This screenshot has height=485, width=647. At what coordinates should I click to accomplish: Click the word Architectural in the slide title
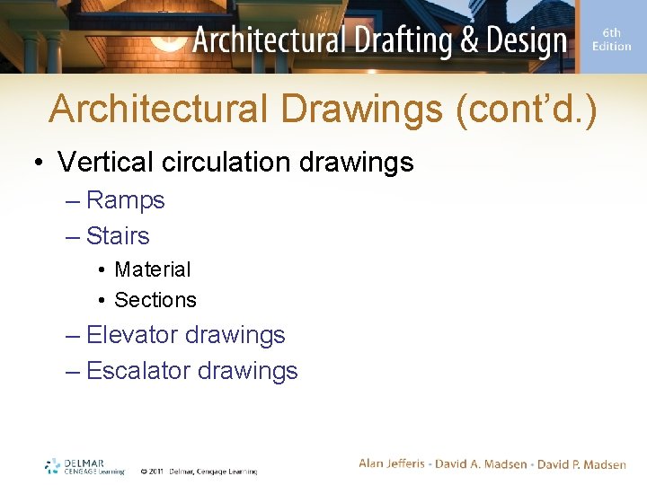[158, 110]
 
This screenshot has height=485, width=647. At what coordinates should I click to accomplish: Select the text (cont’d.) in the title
[527, 110]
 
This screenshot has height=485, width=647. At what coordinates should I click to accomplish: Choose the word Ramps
[126, 200]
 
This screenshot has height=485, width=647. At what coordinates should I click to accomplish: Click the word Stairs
[118, 236]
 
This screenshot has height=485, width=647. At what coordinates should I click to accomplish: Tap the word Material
[153, 269]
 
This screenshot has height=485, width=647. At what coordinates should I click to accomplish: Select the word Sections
[155, 300]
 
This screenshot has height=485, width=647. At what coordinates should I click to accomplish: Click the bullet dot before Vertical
[40, 163]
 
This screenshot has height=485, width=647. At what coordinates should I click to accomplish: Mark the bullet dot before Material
[104, 270]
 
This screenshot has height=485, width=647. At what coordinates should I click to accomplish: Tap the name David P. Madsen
[581, 464]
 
